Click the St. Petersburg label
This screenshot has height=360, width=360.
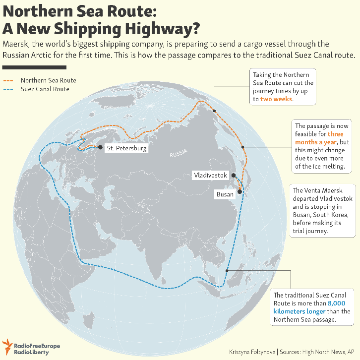(126, 148)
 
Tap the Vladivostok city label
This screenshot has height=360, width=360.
(210, 176)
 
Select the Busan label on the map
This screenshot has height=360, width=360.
(225, 194)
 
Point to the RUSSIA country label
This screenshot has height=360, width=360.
(179, 154)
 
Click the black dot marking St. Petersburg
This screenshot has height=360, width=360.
(101, 147)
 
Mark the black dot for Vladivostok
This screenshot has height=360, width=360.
(233, 176)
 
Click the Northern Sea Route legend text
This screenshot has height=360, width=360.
(48, 80)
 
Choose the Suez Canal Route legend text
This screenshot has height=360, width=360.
(45, 89)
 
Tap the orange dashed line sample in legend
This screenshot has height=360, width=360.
(9, 80)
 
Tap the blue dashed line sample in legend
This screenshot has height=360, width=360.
(9, 89)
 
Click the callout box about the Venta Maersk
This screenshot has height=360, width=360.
(321, 211)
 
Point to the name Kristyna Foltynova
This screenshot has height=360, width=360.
(252, 352)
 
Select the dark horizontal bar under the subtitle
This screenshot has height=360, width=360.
(34, 67)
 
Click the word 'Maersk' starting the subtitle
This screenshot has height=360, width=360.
(16, 44)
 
